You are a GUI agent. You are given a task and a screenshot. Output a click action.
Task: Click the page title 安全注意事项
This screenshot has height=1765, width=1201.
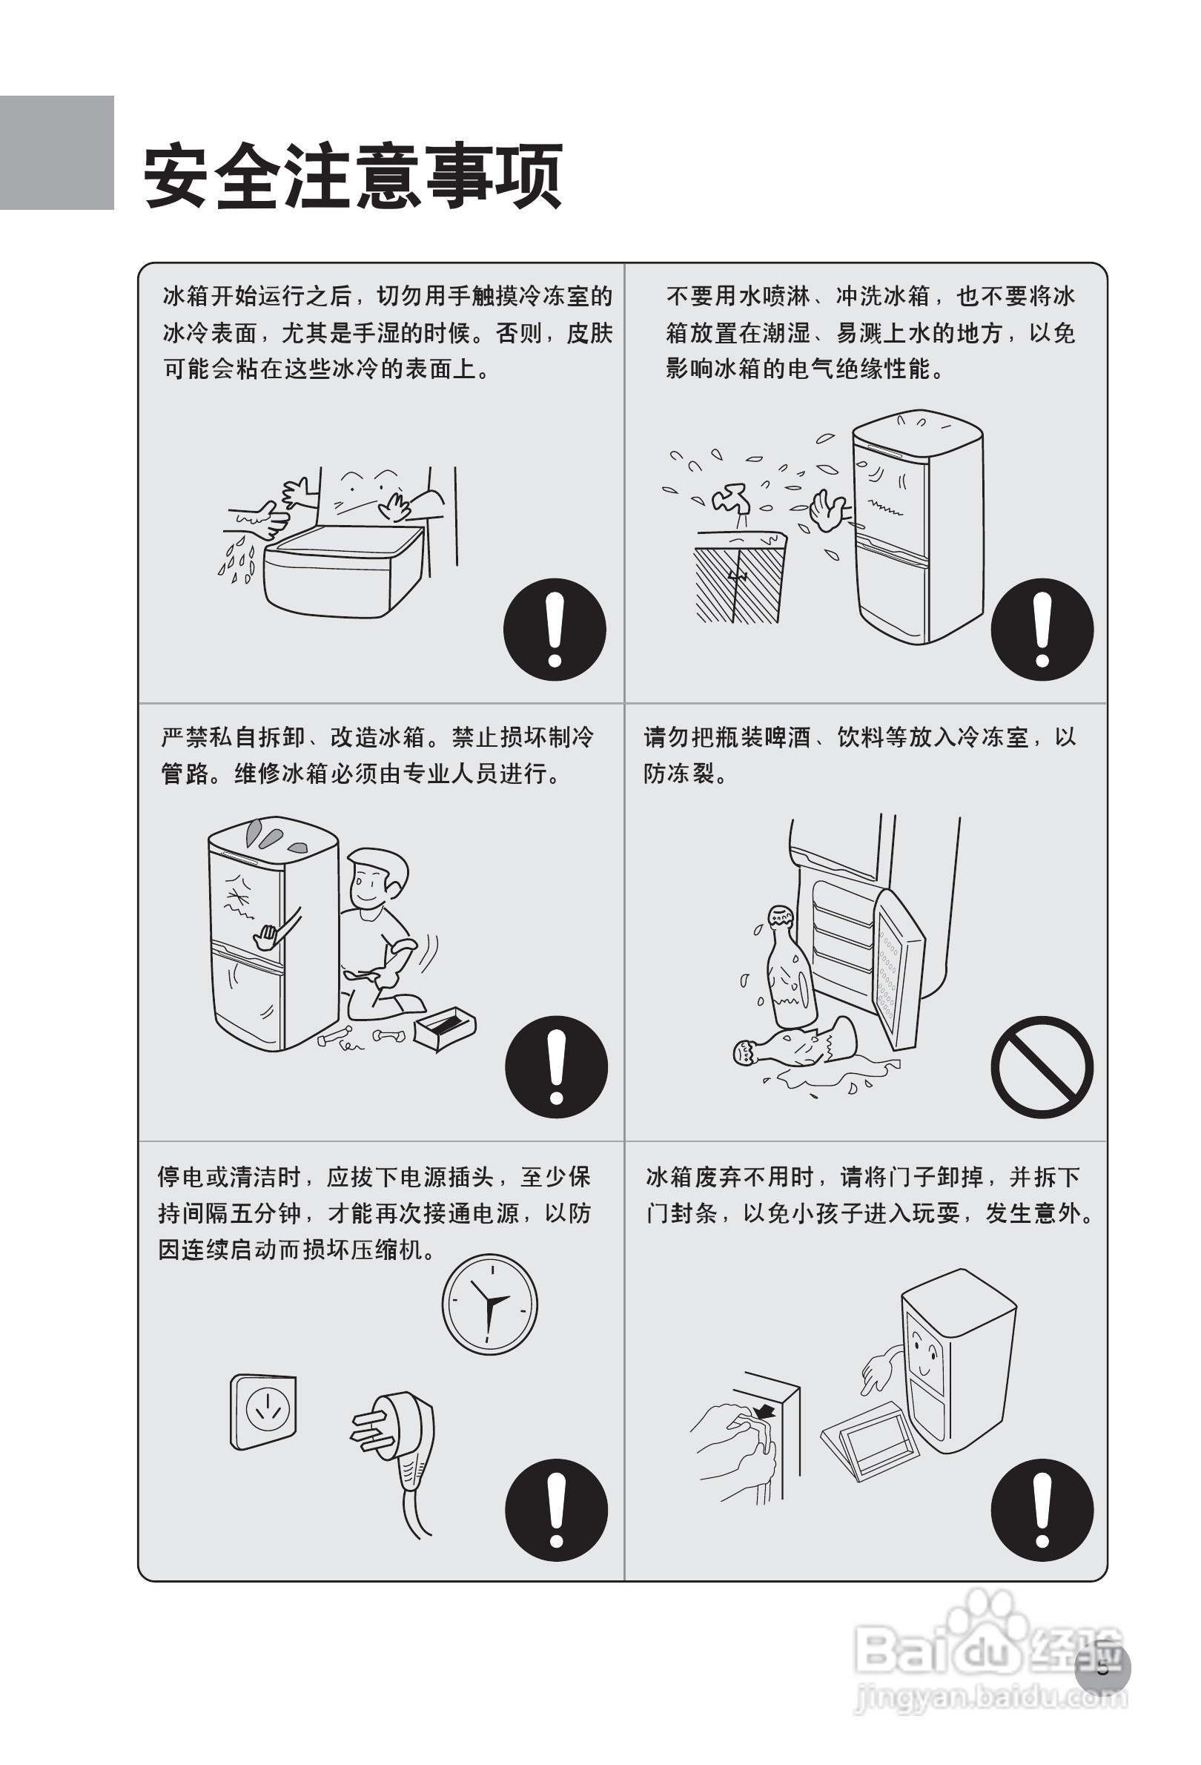click(353, 176)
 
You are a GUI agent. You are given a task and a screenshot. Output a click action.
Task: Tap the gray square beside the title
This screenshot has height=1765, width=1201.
click(56, 153)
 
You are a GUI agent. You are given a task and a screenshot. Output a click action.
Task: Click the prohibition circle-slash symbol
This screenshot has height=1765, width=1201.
click(1041, 1066)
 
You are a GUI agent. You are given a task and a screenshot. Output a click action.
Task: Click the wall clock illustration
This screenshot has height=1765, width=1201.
click(489, 1304)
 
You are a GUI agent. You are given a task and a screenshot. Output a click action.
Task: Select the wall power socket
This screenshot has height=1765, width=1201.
click(263, 1412)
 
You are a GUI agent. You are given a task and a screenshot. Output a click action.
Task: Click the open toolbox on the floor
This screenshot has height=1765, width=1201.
click(445, 1029)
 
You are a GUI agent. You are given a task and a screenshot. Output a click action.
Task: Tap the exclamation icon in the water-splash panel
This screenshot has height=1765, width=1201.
click(1041, 629)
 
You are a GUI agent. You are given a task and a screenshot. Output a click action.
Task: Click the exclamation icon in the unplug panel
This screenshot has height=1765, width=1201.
click(556, 1510)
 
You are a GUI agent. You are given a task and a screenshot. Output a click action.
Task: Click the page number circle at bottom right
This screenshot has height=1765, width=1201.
click(1102, 1669)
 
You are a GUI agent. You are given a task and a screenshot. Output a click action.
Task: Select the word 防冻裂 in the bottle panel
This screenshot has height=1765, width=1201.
click(678, 774)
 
